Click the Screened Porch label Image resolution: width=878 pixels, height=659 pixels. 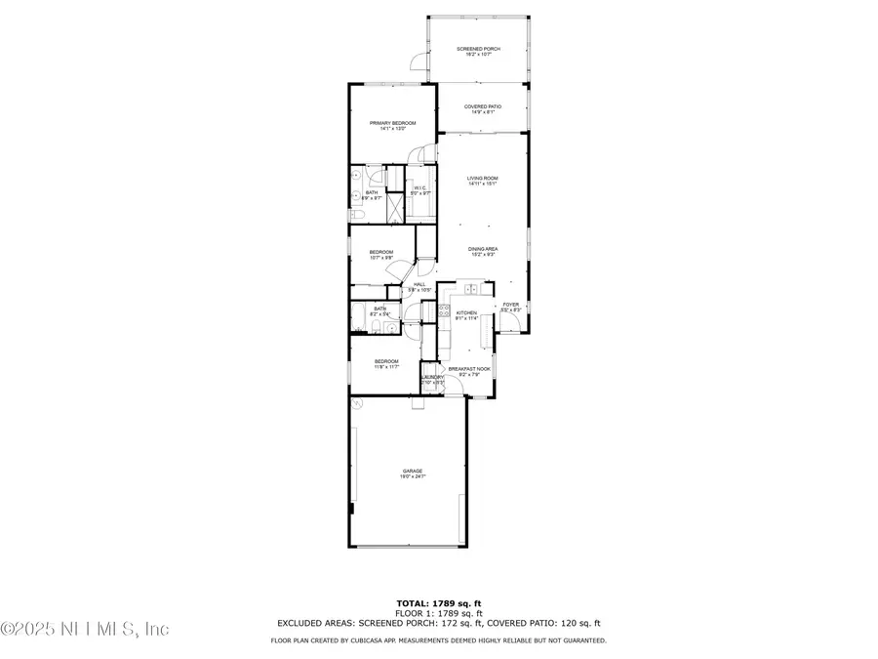coord(478,48)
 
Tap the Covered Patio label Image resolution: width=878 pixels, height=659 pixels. coord(481,106)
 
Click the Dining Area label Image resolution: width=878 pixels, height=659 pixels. coord(483,249)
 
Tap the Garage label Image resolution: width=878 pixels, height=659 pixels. coord(412,471)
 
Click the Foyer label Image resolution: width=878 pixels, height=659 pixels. coord(510,305)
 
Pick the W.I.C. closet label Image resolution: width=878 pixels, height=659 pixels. coord(420,188)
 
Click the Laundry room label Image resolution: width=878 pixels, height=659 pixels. coord(431,377)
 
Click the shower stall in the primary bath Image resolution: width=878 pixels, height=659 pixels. coord(395,208)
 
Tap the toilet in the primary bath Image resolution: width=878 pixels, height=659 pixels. coord(356,214)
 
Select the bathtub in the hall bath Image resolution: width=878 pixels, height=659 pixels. coord(358,317)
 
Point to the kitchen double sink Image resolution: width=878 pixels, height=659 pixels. coord(471,289)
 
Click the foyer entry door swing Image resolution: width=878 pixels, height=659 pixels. coord(510,321)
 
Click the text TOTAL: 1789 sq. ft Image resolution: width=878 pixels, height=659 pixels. coord(438,602)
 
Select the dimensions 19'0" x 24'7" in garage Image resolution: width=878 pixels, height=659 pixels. coord(412,477)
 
